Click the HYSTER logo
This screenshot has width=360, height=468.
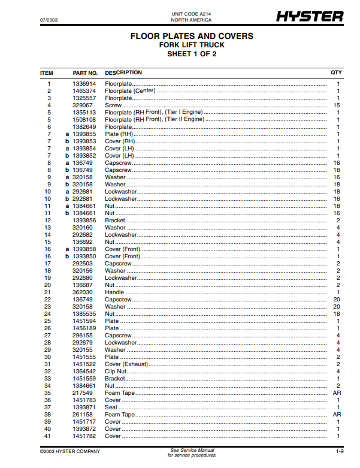310,17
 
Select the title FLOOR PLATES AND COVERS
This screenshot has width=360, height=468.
192,37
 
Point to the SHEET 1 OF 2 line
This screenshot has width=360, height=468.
192,54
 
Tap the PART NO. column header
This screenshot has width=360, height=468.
85,73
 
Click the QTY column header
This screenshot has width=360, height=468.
337,73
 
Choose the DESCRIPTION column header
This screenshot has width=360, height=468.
123,73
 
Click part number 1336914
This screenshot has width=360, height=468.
84,84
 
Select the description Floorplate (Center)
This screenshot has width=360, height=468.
130,91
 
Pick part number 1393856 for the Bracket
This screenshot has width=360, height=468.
84,221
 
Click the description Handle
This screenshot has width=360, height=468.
114,292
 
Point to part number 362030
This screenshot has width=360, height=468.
84,292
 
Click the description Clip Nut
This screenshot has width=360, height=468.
116,372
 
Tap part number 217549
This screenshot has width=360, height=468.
84,393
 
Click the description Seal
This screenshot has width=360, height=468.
111,407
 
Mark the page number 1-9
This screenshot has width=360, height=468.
338,451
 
